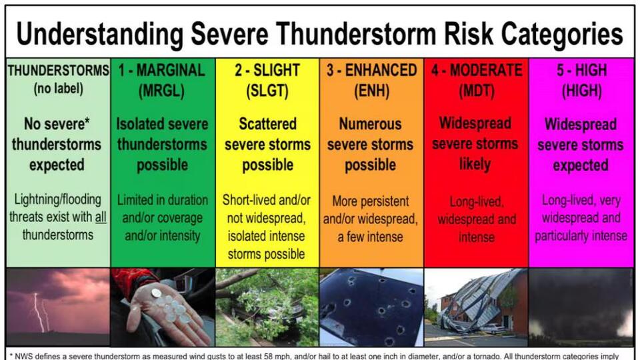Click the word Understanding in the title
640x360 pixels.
[x=99, y=33]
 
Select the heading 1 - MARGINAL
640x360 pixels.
[x=161, y=70]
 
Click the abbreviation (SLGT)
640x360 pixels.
[x=267, y=91]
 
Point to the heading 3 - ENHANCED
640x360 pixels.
[x=371, y=70]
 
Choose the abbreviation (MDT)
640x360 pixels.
[x=476, y=91]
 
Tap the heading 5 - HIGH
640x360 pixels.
[x=581, y=70]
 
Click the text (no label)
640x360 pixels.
[x=59, y=89]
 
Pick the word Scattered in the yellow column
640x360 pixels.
[x=268, y=124]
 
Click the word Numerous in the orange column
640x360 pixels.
[x=370, y=124]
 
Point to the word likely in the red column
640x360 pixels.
[x=475, y=164]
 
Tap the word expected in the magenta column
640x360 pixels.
[x=581, y=165]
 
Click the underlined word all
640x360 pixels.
[x=101, y=217]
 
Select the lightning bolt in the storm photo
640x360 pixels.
[x=40, y=312]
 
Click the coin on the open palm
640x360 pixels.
[x=156, y=293]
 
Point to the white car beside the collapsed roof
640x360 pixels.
[x=495, y=328]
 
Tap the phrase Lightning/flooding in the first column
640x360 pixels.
[x=57, y=199]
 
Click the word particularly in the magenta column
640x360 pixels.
[x=561, y=236]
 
